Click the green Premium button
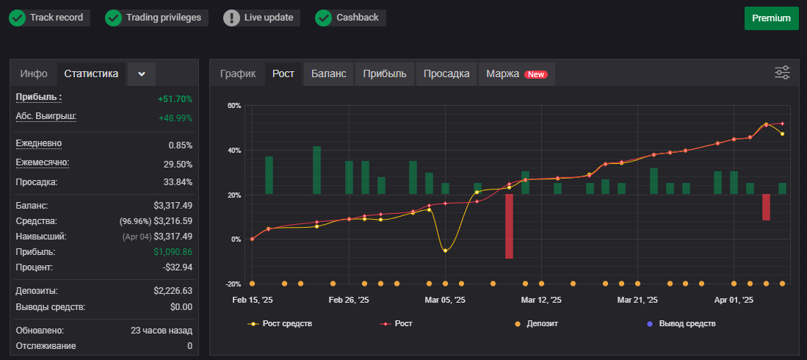(772, 18)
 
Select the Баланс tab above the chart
(328, 73)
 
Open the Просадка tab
(446, 73)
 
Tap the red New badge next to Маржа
(536, 74)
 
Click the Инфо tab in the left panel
(34, 73)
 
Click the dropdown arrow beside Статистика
(142, 74)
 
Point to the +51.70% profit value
(175, 98)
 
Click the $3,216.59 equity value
(173, 221)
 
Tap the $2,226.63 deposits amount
(173, 291)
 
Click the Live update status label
(269, 18)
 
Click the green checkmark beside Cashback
(323, 18)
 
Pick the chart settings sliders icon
(782, 73)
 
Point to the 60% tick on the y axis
(234, 106)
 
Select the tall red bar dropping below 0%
(509, 226)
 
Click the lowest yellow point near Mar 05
(445, 251)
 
